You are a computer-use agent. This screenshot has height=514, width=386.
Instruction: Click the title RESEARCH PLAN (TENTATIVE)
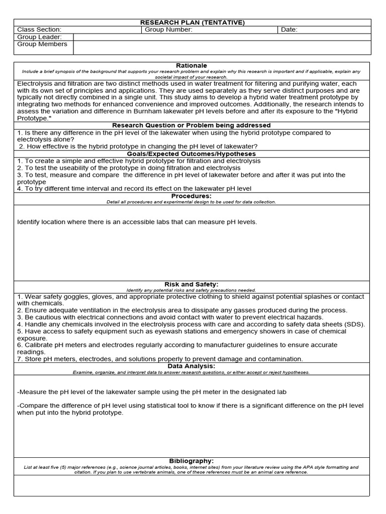pos(192,23)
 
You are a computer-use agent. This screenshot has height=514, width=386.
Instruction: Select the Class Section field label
pos(39,30)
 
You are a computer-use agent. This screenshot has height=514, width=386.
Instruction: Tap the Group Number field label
pos(168,30)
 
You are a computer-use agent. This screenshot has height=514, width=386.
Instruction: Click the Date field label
pos(289,30)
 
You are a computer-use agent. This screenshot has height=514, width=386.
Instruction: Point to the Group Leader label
pos(39,37)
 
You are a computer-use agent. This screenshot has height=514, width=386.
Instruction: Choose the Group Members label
pos(42,44)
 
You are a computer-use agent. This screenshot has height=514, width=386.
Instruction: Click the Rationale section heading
pos(191,66)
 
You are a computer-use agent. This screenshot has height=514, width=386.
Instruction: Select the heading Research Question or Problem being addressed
pos(191,125)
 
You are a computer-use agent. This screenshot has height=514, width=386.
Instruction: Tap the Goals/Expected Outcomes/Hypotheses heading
pos(191,154)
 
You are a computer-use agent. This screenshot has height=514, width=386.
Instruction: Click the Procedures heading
pos(191,196)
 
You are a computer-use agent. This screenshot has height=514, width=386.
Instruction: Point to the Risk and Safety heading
pos(191,284)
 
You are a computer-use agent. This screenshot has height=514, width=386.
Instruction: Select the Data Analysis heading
pos(191,366)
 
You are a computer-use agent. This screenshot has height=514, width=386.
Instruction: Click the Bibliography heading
pos(191,461)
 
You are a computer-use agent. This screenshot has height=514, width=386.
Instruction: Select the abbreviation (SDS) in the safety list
pos(354,324)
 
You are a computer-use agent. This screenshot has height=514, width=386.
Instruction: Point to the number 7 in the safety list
pos(19,359)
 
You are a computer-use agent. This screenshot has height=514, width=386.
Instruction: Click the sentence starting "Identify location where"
pos(137,221)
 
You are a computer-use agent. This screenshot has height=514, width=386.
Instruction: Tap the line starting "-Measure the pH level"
pos(151,392)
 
